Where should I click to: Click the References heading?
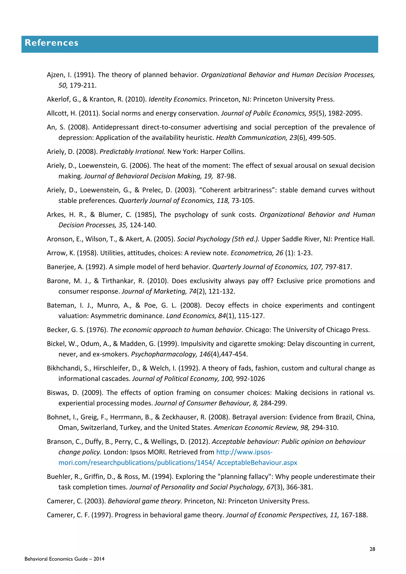click(x=52, y=43)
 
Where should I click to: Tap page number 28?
click(x=372, y=549)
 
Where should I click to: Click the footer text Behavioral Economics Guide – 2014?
click(x=64, y=559)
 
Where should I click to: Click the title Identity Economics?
click(x=178, y=99)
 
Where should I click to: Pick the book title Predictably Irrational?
click(x=132, y=152)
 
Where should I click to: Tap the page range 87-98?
click(x=226, y=176)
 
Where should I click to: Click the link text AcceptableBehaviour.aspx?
click(x=257, y=463)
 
